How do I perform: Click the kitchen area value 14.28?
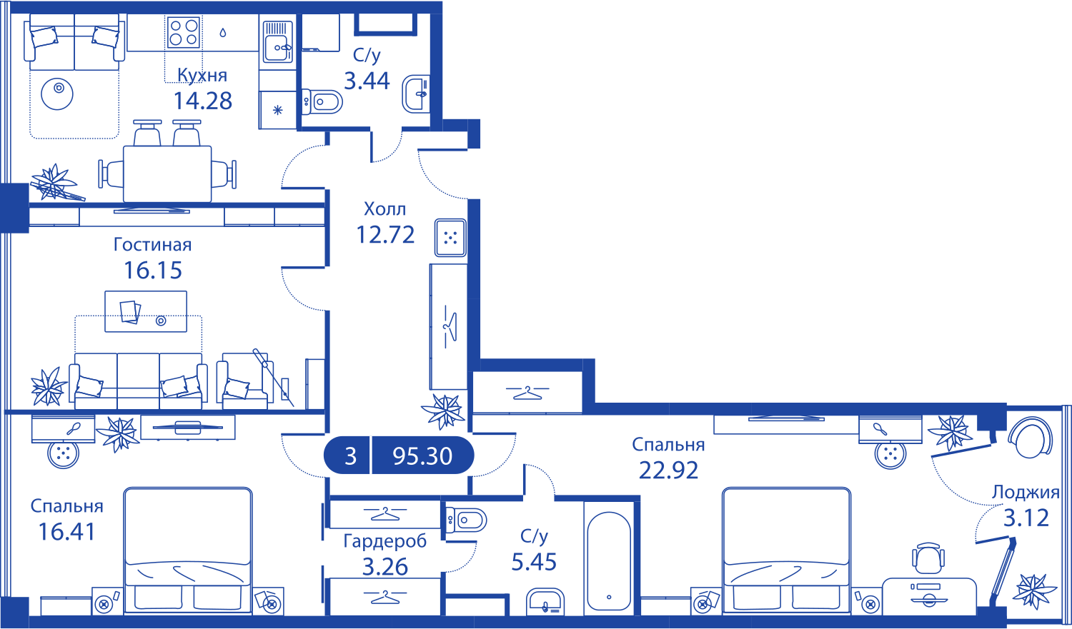(x=203, y=101)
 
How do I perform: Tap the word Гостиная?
(x=153, y=245)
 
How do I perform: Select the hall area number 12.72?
(x=385, y=235)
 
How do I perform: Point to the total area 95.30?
(x=422, y=456)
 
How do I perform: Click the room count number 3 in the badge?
(x=351, y=456)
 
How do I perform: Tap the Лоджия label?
(x=1026, y=493)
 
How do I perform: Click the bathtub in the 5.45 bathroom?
(x=609, y=561)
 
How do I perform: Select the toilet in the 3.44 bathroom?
(x=322, y=101)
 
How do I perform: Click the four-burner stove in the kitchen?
(x=183, y=32)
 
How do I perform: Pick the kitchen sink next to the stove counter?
(x=277, y=42)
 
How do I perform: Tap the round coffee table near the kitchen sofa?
(x=57, y=94)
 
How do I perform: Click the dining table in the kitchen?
(x=167, y=173)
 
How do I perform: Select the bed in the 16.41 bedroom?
(x=188, y=550)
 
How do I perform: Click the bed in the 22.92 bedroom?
(x=787, y=550)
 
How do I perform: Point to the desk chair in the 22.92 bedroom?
(x=928, y=558)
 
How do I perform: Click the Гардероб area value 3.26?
(x=384, y=567)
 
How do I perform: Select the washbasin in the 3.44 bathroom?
(x=415, y=94)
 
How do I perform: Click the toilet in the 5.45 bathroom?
(x=466, y=520)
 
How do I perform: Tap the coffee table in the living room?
(x=146, y=311)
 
